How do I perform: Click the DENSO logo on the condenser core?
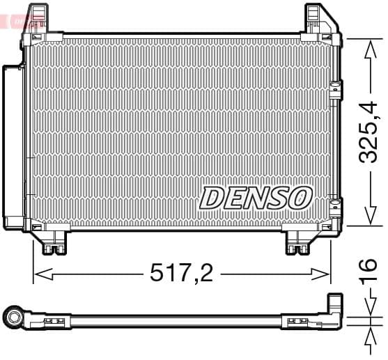click(x=255, y=197)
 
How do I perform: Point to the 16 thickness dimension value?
click(x=367, y=271)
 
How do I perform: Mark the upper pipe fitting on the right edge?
click(x=336, y=90)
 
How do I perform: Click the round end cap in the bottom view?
click(x=14, y=319)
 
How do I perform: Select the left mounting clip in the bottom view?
click(x=53, y=321)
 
